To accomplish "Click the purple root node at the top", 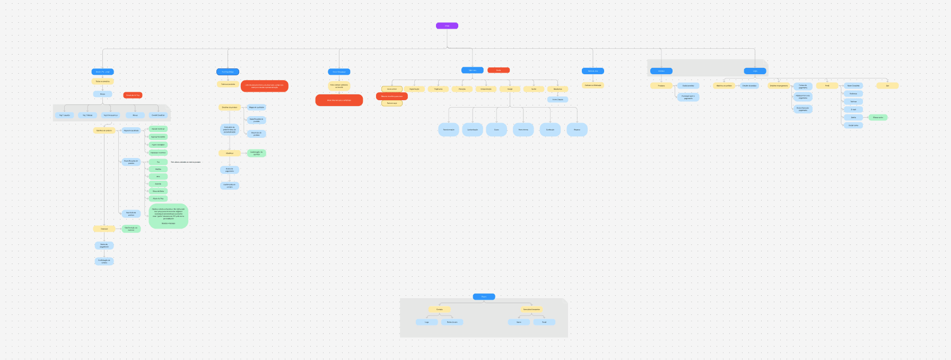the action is tap(447, 25).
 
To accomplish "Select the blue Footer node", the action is tap(484, 297).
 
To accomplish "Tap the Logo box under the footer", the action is tap(427, 322).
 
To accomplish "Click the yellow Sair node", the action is tap(887, 85).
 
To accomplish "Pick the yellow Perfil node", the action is tap(827, 85).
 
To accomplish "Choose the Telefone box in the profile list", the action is tap(853, 101).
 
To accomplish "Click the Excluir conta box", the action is tap(853, 125).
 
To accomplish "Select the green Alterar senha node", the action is tap(878, 117).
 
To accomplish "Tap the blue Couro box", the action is tap(496, 129).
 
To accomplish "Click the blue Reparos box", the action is tap(577, 129).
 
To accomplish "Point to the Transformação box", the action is tap(449, 129).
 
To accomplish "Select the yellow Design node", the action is tap(510, 89).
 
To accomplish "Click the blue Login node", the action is tap(755, 71).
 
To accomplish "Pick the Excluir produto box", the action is tap(688, 85).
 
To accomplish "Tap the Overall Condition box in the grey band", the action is tap(158, 115).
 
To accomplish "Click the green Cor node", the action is tap(158, 162).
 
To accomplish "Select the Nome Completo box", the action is tap(853, 85).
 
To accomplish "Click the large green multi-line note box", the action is tap(168, 216).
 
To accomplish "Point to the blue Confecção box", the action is tap(550, 129).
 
